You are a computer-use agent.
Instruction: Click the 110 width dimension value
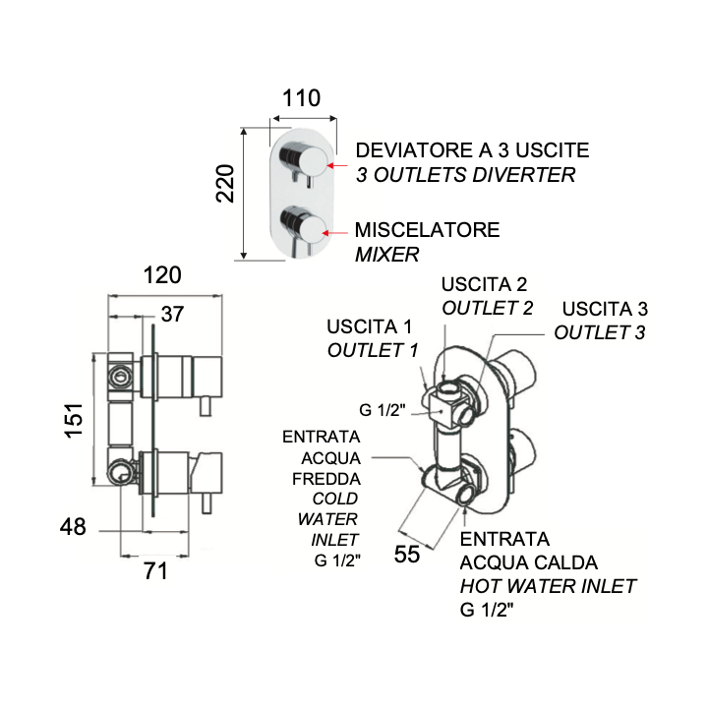tap(301, 98)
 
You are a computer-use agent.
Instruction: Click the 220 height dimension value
tap(225, 183)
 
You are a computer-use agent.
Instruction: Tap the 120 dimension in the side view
tap(162, 275)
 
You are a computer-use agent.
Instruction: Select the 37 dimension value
tap(172, 314)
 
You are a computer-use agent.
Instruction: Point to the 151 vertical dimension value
tap(74, 421)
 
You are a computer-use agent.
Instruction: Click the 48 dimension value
tap(73, 526)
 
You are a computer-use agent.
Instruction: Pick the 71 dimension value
tap(155, 571)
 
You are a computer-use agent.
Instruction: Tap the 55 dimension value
tap(407, 554)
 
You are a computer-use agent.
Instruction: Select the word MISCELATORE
tap(427, 230)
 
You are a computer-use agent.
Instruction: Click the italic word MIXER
tap(387, 255)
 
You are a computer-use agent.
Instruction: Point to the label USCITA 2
tap(484, 284)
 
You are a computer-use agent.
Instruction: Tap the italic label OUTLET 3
tap(600, 332)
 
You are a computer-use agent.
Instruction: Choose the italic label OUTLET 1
tap(373, 350)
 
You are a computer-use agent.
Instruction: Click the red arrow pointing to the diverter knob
tap(337, 166)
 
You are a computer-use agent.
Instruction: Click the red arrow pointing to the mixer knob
tap(335, 233)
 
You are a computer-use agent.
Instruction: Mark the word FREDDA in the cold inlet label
tap(326, 479)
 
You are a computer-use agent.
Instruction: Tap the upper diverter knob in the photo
tap(304, 158)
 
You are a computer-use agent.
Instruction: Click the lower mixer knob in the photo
tap(303, 224)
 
